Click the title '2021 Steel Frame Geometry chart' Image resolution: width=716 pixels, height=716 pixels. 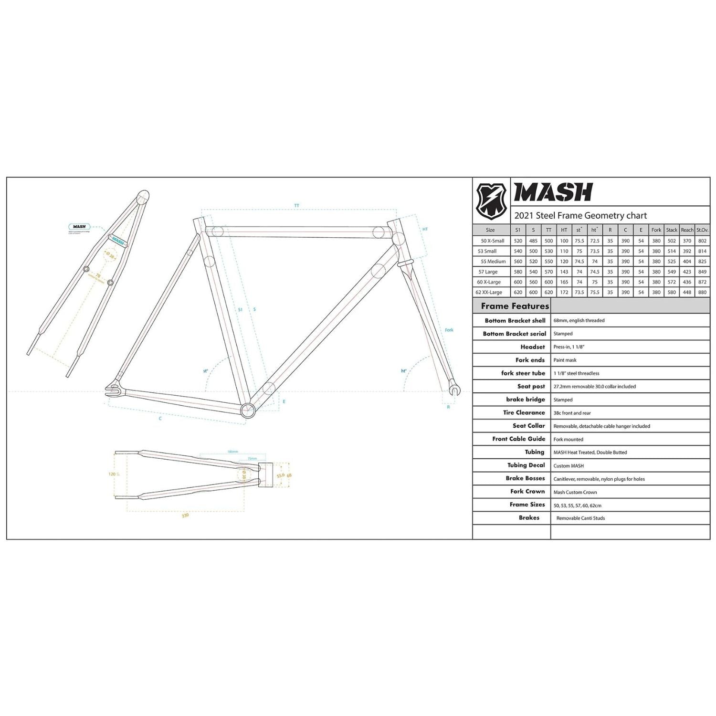coord(580,215)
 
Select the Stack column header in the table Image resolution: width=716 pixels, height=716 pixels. coord(672,230)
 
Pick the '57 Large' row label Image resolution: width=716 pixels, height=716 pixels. coord(488,272)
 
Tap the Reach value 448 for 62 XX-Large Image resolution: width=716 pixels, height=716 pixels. coord(687,292)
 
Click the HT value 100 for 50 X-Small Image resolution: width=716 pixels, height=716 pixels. coord(564,241)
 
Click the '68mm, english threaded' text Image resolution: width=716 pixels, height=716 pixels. coord(579,320)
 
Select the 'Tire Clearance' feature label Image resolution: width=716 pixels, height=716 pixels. coord(524,412)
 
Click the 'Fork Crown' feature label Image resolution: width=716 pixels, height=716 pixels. coord(527,491)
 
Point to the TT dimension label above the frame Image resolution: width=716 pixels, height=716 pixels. coord(296,206)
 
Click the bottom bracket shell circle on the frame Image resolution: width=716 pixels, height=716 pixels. coord(248,410)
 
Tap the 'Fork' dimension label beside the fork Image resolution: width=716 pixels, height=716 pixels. coord(449,330)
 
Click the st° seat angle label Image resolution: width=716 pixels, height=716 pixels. coord(205,370)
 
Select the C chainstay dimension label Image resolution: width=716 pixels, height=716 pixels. coord(160,419)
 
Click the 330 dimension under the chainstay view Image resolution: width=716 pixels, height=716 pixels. coord(185,516)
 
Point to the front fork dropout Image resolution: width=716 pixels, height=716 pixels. coord(454,390)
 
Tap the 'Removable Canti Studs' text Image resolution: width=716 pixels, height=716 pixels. coord(580,518)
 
